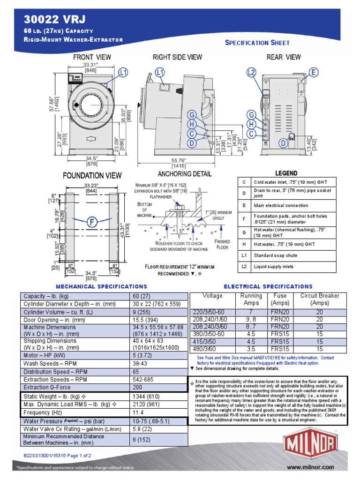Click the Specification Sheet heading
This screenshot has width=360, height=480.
point(257,43)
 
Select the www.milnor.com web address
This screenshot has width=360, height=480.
point(310,467)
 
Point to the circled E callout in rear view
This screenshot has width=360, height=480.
point(313,72)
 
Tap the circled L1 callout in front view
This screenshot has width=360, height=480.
point(123,72)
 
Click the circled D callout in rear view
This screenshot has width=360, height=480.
point(283,142)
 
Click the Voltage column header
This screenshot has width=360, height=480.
point(212,296)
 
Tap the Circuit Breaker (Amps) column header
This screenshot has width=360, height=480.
point(320,299)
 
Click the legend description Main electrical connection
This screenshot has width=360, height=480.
point(281,205)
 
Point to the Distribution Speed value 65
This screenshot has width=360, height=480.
point(136,371)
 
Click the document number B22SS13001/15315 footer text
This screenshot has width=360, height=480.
point(57,455)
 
